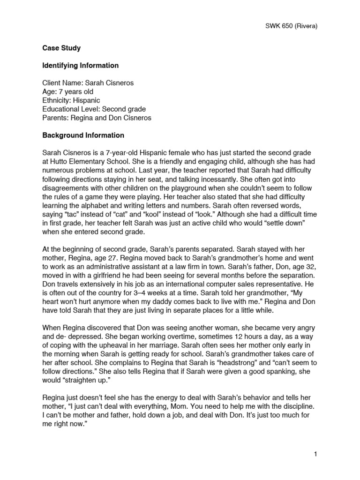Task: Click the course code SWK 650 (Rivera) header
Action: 291,26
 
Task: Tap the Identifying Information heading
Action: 80,66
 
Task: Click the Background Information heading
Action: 83,135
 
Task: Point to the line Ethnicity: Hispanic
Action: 71,100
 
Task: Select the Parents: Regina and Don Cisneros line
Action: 97,118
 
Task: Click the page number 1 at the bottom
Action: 316,454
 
